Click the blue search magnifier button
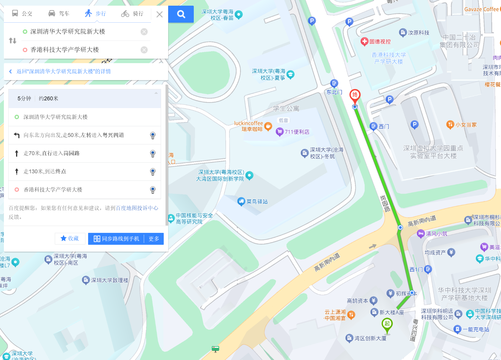tap(181, 14)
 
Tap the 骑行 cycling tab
tap(132, 13)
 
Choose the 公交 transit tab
tap(22, 13)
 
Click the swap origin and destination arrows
tap(13, 40)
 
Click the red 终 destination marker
tap(355, 95)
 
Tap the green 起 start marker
tap(387, 324)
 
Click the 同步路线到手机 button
tap(116, 239)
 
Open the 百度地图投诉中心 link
tap(137, 208)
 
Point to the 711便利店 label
tap(297, 132)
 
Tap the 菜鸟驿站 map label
tap(257, 202)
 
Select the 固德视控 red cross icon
tap(364, 42)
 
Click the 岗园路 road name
tap(385, 203)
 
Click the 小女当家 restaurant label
tap(466, 125)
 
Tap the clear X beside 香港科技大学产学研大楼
tap(144, 50)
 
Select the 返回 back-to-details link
tap(63, 71)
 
